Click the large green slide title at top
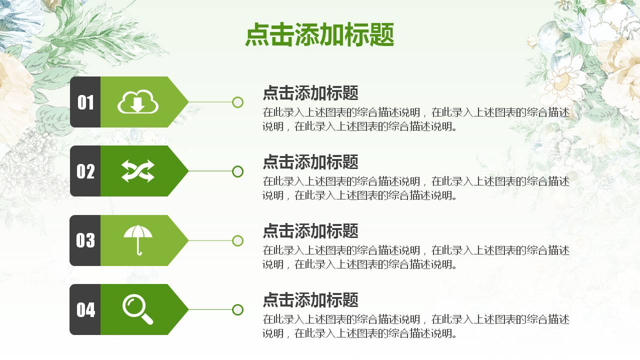click(x=319, y=35)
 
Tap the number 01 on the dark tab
click(x=85, y=102)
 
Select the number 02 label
click(x=85, y=171)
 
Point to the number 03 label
click(x=85, y=240)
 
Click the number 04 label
click(x=85, y=310)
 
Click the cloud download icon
click(x=138, y=102)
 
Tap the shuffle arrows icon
click(x=138, y=171)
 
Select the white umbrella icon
click(x=138, y=240)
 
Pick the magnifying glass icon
click(x=137, y=309)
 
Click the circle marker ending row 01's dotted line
click(x=238, y=102)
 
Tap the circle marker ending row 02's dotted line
click(x=238, y=171)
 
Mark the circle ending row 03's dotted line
click(x=238, y=240)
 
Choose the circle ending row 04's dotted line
click(x=238, y=309)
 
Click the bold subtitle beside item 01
click(x=310, y=93)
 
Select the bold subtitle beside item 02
click(x=310, y=162)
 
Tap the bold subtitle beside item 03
click(x=310, y=231)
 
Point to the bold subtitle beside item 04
click(x=310, y=300)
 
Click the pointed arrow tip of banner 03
click(x=184, y=240)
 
